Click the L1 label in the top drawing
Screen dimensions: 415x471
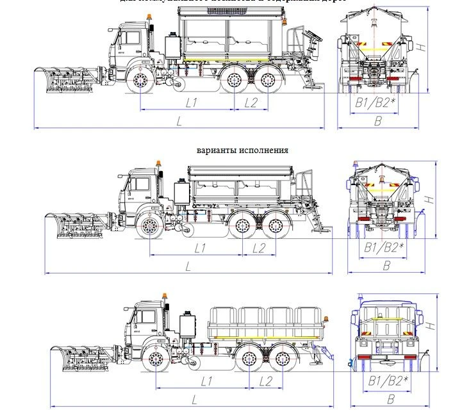tap(192, 102)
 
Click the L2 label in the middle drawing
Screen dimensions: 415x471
tap(260, 247)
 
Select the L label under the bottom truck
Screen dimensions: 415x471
tap(194, 399)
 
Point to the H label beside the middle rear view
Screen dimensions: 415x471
tap(431, 200)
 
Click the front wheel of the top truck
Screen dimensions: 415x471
tap(140, 81)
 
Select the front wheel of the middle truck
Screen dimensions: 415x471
tap(150, 225)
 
